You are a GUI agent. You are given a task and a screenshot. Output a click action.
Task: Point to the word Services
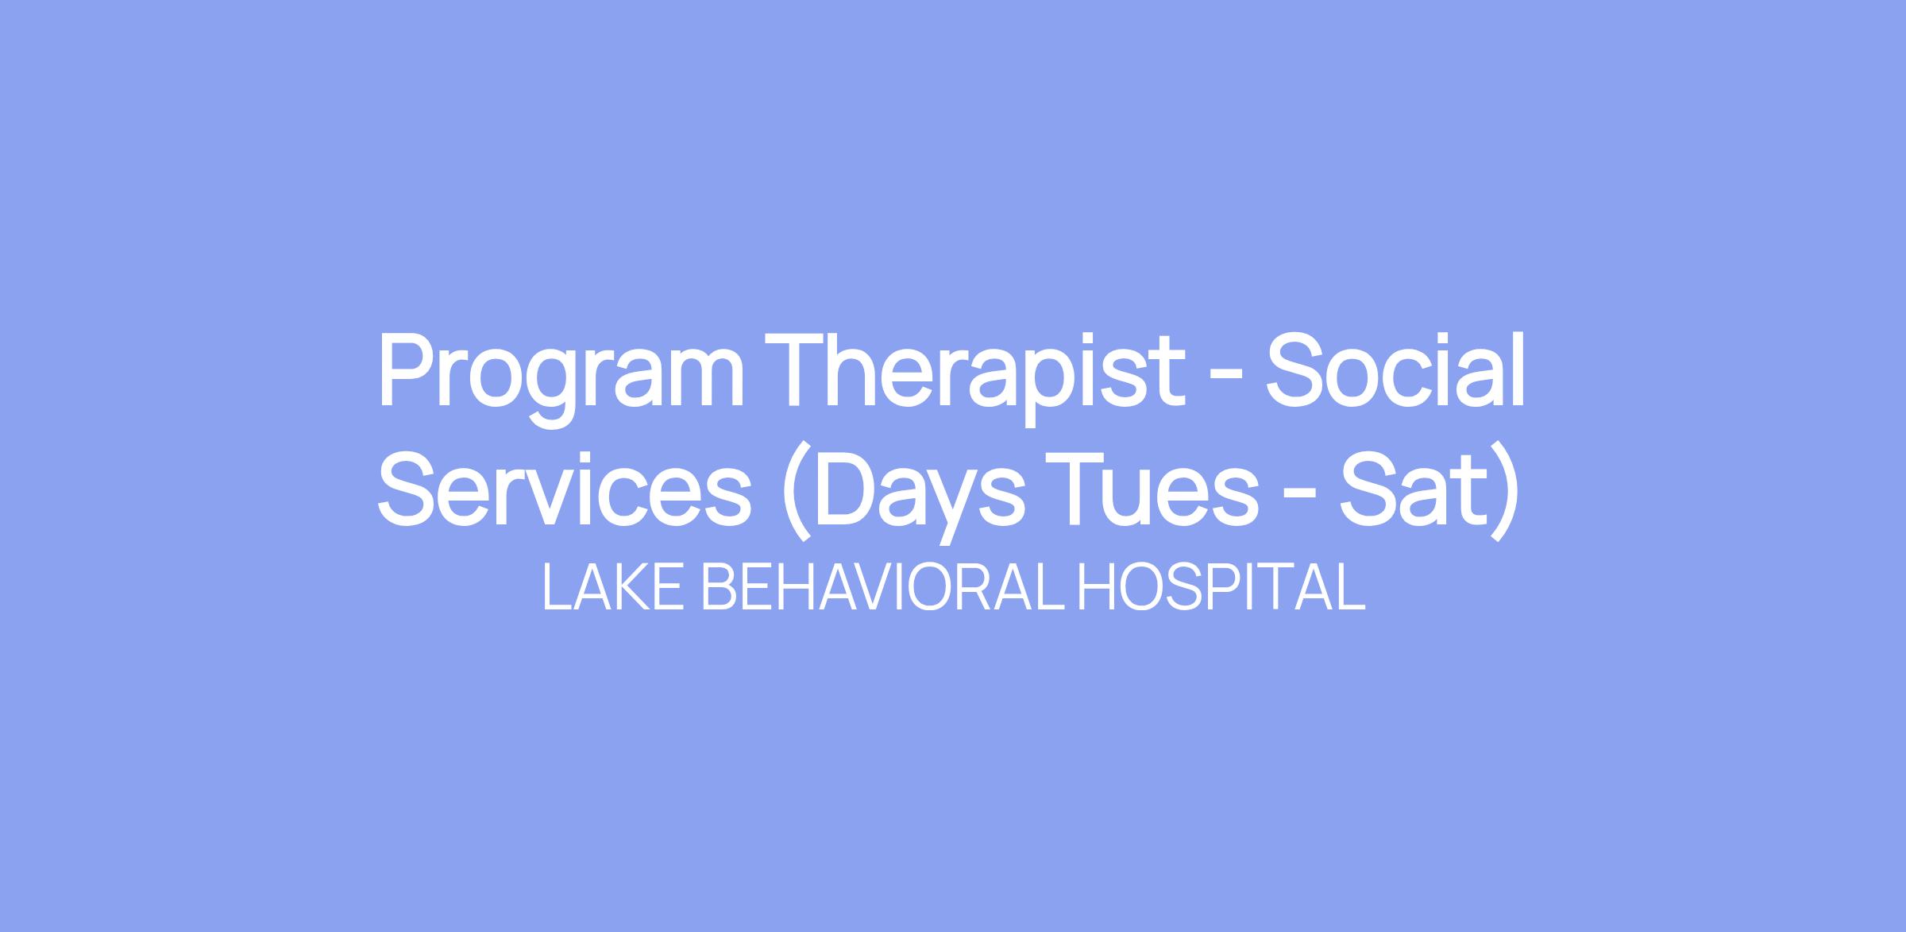(x=564, y=486)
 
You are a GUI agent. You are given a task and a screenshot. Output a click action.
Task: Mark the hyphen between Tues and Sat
(x=1299, y=500)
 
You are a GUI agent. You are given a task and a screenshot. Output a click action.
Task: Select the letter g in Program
(x=550, y=392)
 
